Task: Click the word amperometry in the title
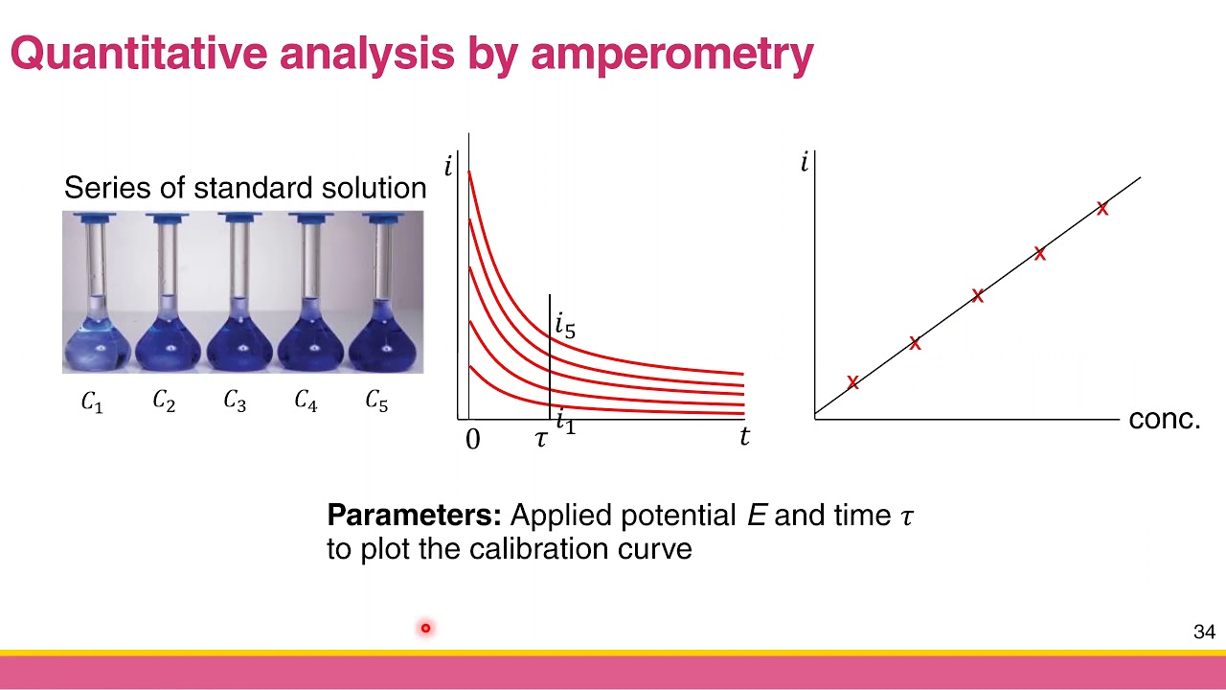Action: tap(671, 54)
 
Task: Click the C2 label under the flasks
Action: tap(164, 402)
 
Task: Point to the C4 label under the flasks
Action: tap(306, 402)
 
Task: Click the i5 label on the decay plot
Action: tap(565, 327)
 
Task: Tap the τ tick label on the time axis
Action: tap(541, 439)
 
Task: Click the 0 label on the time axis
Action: tap(472, 440)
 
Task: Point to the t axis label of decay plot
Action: tap(744, 437)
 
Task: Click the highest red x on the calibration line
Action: tap(1102, 208)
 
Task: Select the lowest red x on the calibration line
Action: tap(852, 382)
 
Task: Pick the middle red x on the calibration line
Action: tap(977, 296)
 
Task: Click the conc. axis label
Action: tap(1164, 420)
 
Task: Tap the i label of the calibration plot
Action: tap(804, 164)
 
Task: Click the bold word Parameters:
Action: tap(414, 516)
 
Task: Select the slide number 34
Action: tap(1204, 632)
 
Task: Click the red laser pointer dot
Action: tap(425, 629)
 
